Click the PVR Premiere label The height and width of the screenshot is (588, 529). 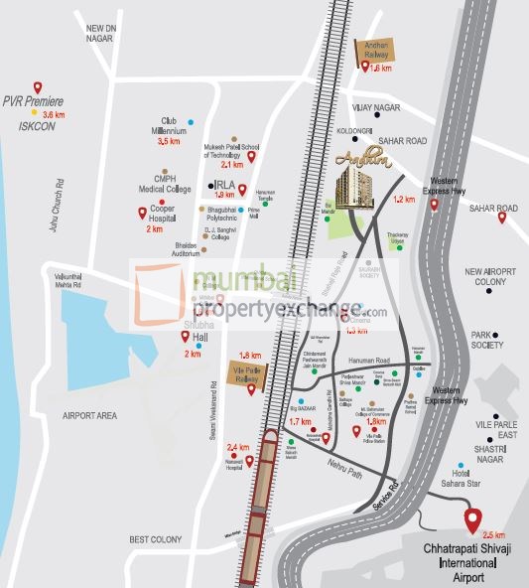[x=33, y=101]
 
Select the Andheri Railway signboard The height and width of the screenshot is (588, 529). [x=376, y=47]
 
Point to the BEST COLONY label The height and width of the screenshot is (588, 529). [x=155, y=539]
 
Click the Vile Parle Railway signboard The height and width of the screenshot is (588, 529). [x=250, y=370]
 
